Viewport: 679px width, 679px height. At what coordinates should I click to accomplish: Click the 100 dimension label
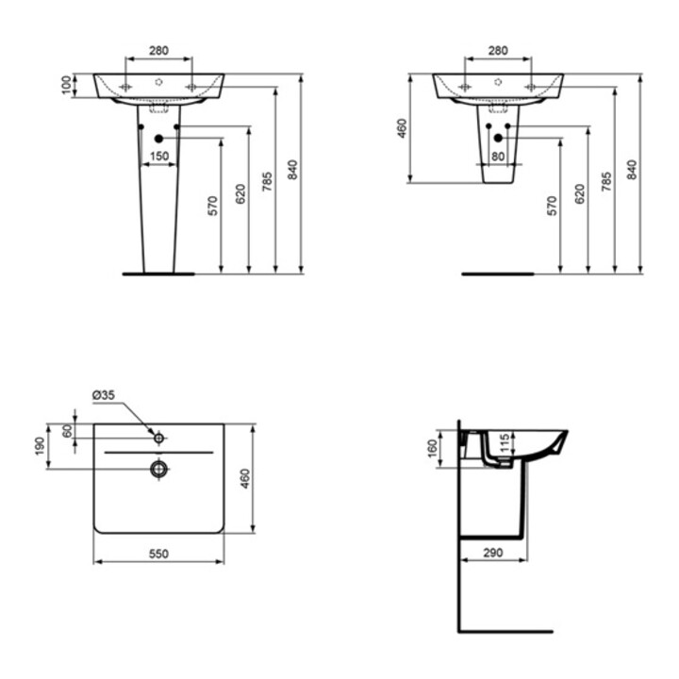click(x=66, y=85)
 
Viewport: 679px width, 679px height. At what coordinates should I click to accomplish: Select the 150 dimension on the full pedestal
click(x=159, y=156)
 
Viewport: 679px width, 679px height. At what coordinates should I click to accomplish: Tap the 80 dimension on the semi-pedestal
click(x=498, y=156)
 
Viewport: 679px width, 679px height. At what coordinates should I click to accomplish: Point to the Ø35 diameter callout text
click(x=104, y=395)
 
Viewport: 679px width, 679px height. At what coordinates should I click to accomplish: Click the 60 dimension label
click(x=68, y=431)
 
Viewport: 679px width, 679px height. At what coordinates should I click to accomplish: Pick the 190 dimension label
click(x=40, y=446)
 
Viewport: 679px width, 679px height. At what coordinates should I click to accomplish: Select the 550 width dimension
click(x=159, y=554)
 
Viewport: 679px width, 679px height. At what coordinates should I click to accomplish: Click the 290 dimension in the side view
click(x=493, y=553)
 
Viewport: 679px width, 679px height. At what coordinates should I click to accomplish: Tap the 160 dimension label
click(x=432, y=449)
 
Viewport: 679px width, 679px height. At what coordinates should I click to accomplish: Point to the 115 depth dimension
click(x=505, y=443)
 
